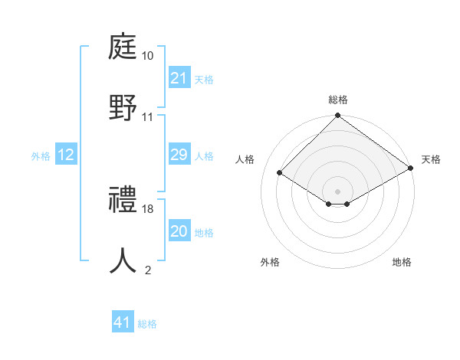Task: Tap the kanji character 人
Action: (x=123, y=259)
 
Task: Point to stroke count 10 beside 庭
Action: (x=148, y=57)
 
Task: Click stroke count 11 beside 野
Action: (x=148, y=116)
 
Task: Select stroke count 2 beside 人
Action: (x=148, y=270)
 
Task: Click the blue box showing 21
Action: (x=179, y=78)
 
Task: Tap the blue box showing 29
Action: (x=179, y=155)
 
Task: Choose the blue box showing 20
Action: (x=179, y=231)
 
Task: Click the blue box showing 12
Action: (x=65, y=155)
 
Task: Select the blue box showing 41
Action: (x=123, y=322)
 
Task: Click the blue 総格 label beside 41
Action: (x=147, y=324)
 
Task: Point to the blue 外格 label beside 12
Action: (x=41, y=156)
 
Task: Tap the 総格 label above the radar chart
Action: (x=338, y=100)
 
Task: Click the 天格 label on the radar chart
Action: (x=431, y=159)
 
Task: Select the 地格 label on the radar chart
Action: (x=402, y=262)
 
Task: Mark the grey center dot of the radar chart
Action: (x=338, y=191)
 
